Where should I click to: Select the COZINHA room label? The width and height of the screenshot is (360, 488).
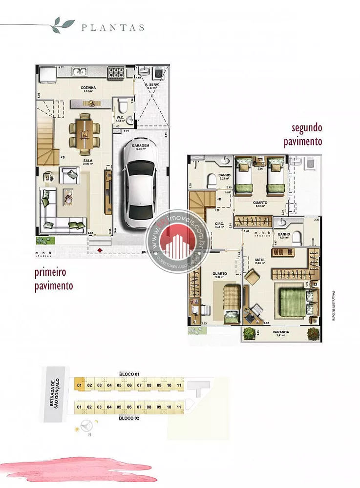click(88, 88)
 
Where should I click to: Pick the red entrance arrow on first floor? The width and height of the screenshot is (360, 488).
click(100, 250)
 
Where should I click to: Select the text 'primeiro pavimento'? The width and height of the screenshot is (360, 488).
click(54, 278)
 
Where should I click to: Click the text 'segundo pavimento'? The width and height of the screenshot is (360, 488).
click(303, 135)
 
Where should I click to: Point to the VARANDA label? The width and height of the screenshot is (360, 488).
click(280, 332)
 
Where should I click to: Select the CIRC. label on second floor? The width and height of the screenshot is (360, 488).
click(219, 224)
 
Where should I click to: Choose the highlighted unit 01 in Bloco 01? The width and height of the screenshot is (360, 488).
click(79, 385)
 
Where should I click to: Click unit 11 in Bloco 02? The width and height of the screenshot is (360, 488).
click(179, 407)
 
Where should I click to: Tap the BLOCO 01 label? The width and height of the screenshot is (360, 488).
click(129, 374)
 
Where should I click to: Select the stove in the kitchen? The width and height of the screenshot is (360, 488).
click(117, 73)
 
